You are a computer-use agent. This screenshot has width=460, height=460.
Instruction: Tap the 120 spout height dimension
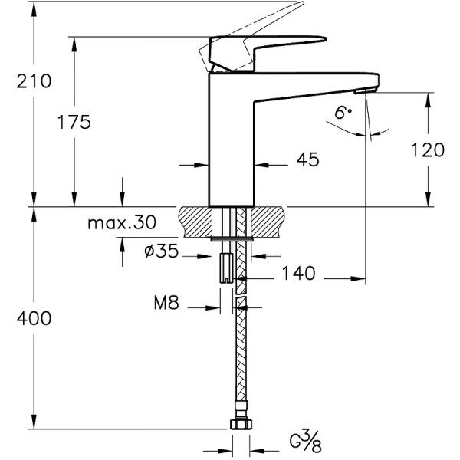(427, 149)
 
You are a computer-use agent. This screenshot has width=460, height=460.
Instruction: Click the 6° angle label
(343, 113)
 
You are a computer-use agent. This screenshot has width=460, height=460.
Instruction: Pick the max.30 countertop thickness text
(121, 223)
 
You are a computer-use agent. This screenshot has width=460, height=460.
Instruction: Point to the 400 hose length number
(34, 318)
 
